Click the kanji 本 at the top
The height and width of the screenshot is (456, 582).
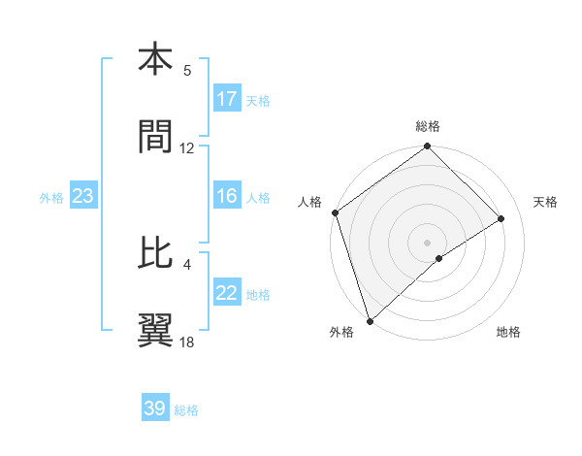coord(156,60)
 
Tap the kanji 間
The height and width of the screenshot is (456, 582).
coord(156,138)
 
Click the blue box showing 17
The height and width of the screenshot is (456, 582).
coord(227,99)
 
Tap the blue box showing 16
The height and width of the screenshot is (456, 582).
coord(227,196)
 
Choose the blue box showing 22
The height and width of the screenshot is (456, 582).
coord(227,293)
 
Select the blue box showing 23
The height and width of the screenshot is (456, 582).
coord(83,196)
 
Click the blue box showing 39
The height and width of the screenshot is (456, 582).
coord(155,408)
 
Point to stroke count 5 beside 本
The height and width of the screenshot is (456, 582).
coord(187,71)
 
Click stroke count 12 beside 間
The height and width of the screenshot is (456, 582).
coord(187,148)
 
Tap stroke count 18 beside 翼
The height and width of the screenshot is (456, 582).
coord(187,342)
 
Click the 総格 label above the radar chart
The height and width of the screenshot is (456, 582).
coord(428,126)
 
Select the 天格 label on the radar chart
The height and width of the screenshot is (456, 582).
coord(546,202)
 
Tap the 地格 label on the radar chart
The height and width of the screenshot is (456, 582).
coord(508,332)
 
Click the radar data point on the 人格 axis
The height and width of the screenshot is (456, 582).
coord(335,212)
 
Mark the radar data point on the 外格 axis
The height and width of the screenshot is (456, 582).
coord(369,320)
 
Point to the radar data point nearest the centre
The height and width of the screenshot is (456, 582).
coord(439,258)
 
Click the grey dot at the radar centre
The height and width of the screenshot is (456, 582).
coord(428,242)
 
